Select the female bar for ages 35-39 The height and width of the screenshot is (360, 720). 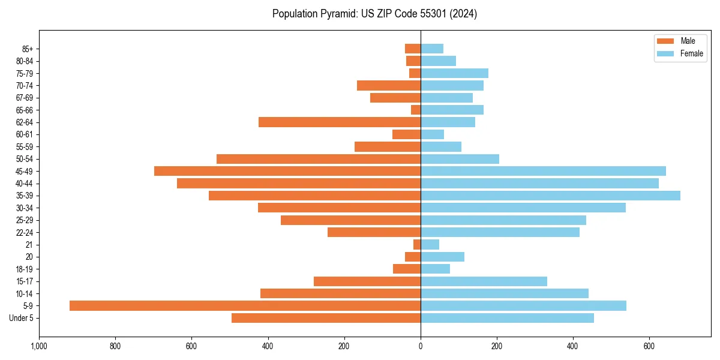coord(550,196)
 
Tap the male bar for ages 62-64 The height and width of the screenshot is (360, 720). coord(340,122)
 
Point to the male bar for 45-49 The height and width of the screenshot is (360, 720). coord(287,171)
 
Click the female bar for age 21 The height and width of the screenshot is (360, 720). coord(430,244)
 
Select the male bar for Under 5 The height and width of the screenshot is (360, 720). coord(326,318)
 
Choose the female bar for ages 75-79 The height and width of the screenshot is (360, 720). coord(454,73)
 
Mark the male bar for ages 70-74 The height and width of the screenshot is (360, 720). coord(389,85)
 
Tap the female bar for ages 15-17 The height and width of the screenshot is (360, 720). coord(484,281)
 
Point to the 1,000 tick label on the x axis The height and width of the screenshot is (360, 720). coord(39,346)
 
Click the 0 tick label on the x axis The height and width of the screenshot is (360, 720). coord(421,346)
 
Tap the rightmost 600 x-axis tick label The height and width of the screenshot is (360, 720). coord(649,346)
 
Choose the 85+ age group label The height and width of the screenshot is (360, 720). coord(26,49)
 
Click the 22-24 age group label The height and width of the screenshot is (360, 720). coord(25,232)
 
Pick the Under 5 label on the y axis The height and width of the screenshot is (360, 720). coord(21,318)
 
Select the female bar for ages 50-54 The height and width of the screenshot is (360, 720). coord(460,159)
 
